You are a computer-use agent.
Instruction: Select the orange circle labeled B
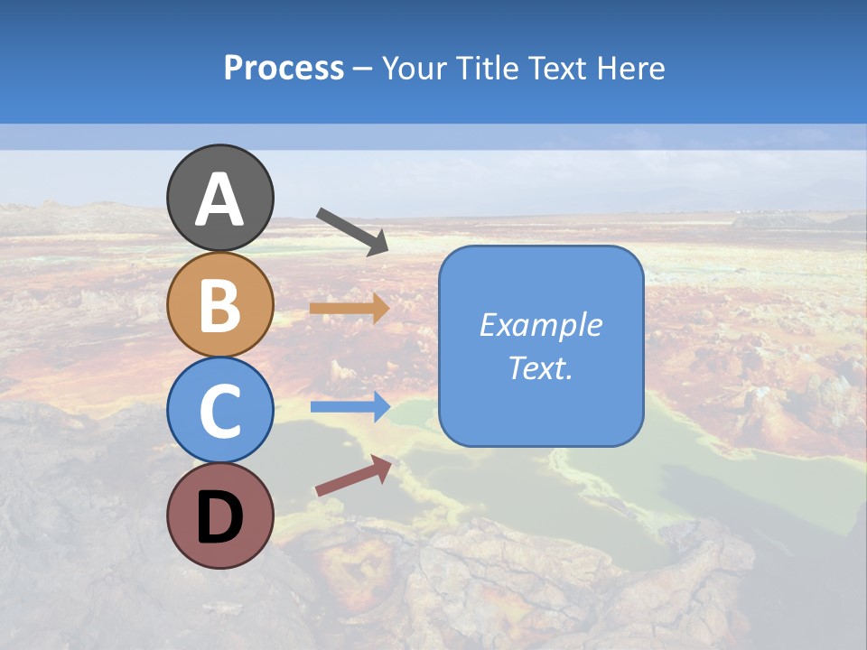point(220,305)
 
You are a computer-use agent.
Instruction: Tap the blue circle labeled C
point(220,410)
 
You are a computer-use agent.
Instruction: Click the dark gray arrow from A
point(352,230)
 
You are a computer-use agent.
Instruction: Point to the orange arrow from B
point(349,309)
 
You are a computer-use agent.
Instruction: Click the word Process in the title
point(284,69)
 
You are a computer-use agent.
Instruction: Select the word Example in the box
point(541,325)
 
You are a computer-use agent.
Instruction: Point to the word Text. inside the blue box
point(541,367)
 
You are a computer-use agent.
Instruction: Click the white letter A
point(220,200)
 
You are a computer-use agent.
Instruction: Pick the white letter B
point(220,305)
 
